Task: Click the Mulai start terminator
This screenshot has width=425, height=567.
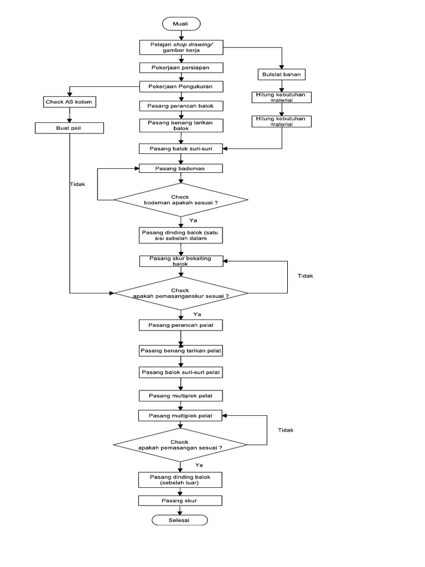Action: click(x=180, y=24)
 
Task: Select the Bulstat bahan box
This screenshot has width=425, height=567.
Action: click(x=282, y=74)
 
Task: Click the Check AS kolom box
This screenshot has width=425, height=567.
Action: click(x=69, y=102)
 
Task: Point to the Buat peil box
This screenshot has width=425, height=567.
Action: click(x=69, y=128)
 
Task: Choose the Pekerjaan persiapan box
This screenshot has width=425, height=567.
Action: click(x=180, y=68)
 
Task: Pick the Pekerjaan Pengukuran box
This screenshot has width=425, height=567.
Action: click(x=180, y=87)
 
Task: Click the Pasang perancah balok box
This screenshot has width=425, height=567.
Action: click(x=180, y=105)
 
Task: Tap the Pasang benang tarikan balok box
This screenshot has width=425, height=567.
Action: click(x=180, y=125)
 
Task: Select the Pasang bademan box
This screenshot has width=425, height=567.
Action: click(x=180, y=168)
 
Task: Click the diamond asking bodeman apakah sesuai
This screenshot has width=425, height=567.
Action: click(x=180, y=200)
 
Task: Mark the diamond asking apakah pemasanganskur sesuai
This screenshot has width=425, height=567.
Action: click(x=180, y=293)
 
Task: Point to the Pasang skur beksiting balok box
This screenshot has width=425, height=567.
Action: click(x=180, y=261)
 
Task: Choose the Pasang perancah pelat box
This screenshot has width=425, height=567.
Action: click(x=180, y=324)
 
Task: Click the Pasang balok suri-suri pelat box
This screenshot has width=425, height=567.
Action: click(x=180, y=373)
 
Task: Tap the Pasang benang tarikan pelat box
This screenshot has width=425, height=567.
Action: click(x=180, y=351)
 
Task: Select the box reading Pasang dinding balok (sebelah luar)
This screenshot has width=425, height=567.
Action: click(x=180, y=479)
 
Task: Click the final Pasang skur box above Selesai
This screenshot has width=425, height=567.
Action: click(x=180, y=501)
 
